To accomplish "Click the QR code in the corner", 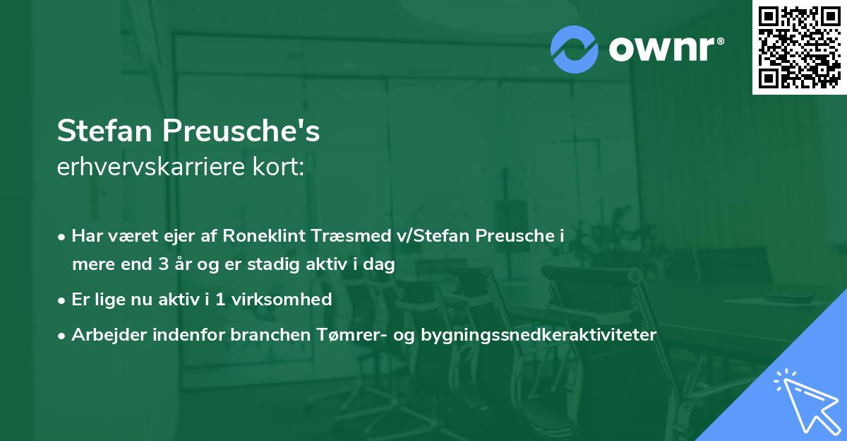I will coord(799,47).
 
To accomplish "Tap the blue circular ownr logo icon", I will coord(575,49).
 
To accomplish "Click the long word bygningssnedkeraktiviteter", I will coord(539,335).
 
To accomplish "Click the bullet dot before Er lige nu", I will coord(63,300).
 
